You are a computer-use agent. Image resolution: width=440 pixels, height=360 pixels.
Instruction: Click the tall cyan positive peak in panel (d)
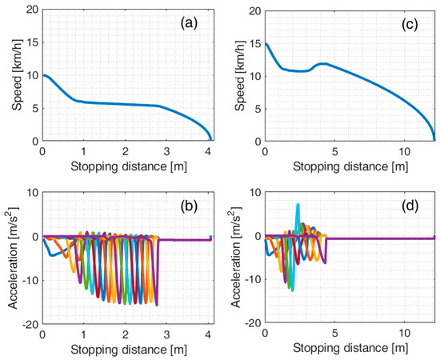pos(298,205)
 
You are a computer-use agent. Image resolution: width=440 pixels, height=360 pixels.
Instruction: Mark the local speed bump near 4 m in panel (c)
pos(322,63)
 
